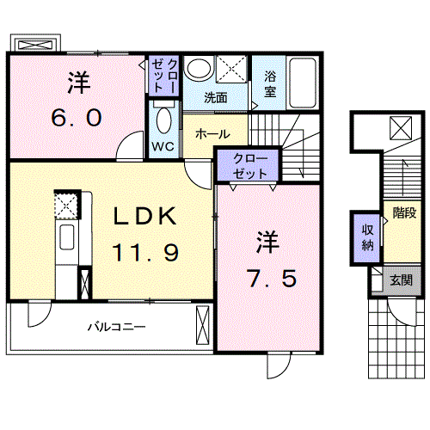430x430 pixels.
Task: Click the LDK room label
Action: point(144,216)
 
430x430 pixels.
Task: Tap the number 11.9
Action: point(145,252)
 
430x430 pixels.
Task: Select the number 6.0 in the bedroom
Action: point(77,118)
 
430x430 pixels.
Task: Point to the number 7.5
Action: point(272,278)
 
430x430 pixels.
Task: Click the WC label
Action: point(163,146)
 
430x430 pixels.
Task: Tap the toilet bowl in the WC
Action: point(164,120)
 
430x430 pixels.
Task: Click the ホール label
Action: point(212,133)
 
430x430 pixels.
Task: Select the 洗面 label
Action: point(216,98)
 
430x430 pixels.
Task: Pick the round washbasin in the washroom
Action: point(199,68)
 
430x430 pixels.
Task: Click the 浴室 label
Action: point(270,83)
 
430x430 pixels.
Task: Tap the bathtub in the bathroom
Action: point(303,83)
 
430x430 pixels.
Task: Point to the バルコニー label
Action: point(117,327)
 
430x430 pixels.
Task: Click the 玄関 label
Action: point(402,280)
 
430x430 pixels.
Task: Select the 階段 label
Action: point(404,213)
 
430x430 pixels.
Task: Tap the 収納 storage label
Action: point(367,237)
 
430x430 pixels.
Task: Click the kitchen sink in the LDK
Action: point(67,236)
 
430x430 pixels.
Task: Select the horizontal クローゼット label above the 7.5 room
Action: point(250,166)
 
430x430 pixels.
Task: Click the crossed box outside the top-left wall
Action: point(35,45)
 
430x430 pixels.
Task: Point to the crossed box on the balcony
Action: point(203,325)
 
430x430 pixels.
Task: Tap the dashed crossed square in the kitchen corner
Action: point(67,206)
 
